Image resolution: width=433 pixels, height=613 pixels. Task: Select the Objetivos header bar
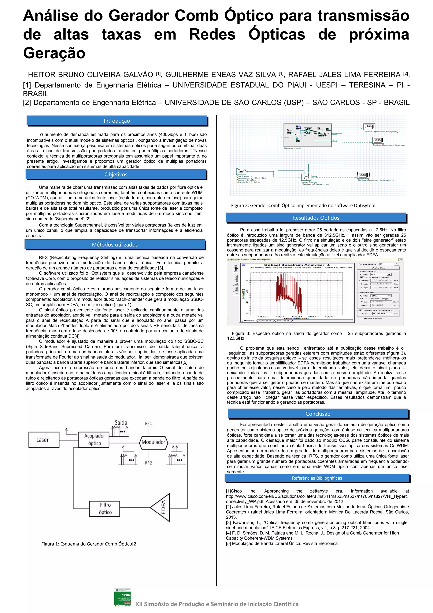(116, 174)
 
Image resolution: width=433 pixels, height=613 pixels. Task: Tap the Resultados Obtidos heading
(316, 218)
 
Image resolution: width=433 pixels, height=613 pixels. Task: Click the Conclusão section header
(318, 414)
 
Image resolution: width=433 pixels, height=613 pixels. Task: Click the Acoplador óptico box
(94, 440)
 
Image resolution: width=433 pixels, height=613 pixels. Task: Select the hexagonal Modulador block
(153, 442)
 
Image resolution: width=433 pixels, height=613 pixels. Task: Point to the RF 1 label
(149, 423)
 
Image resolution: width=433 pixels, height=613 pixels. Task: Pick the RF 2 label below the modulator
(149, 463)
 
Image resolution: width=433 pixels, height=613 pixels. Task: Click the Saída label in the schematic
(121, 422)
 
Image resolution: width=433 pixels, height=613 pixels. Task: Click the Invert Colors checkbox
(361, 318)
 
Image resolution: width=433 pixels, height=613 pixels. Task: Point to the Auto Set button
(378, 268)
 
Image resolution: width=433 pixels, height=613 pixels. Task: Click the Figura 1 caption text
(89, 544)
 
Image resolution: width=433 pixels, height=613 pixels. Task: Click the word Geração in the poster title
(54, 53)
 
